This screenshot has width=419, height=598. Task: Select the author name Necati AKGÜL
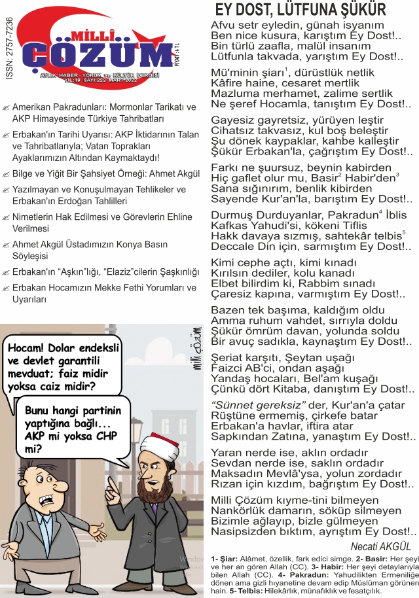pyautogui.click(x=381, y=546)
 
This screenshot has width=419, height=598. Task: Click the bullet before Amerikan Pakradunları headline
pyautogui.click(x=6, y=107)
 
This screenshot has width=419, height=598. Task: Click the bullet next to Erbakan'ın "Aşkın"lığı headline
pyautogui.click(x=6, y=272)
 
